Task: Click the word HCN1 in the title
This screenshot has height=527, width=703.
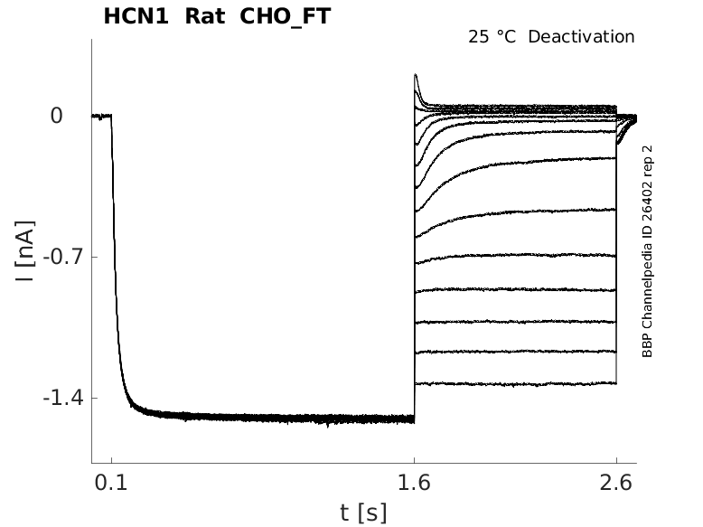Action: pos(133,17)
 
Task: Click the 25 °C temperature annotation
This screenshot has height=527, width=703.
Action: pos(493,37)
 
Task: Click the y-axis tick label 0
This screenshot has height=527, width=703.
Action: pos(57,116)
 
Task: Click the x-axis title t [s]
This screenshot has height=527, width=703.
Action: pos(363,513)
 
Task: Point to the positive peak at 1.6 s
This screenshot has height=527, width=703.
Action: pos(416,76)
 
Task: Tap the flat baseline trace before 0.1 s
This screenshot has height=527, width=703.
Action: pos(100,116)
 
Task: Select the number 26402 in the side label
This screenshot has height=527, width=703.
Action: pos(647,210)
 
